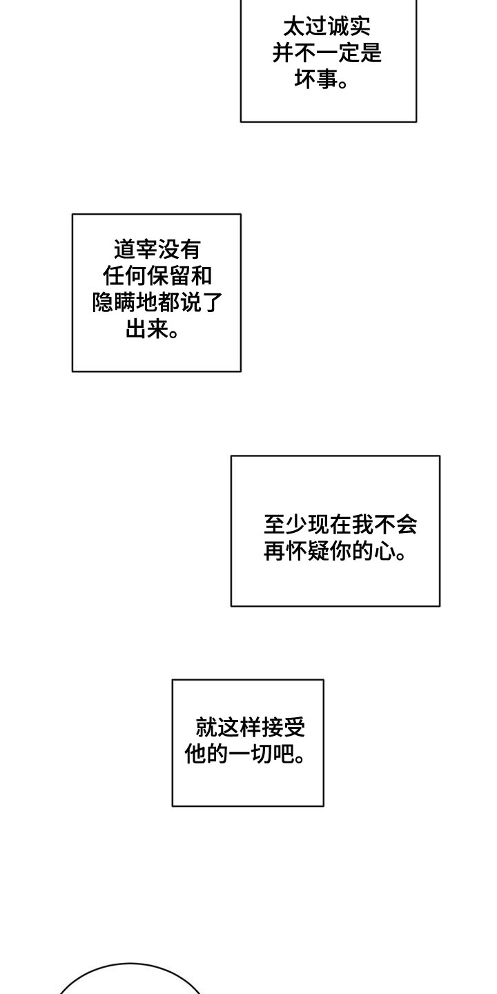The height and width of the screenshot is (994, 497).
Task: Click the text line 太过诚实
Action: tap(327, 27)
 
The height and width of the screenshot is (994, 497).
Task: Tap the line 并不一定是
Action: tap(327, 53)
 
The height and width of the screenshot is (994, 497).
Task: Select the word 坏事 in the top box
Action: tap(312, 80)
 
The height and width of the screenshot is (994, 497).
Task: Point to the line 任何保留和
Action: tap(157, 276)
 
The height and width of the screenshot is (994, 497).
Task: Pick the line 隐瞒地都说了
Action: tap(157, 303)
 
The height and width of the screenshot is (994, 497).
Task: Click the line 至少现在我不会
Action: tap(340, 525)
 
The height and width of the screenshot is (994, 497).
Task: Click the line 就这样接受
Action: tap(251, 728)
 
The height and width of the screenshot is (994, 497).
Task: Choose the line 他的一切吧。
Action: tap(246, 754)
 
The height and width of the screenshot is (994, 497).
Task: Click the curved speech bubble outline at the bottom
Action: tap(131, 964)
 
